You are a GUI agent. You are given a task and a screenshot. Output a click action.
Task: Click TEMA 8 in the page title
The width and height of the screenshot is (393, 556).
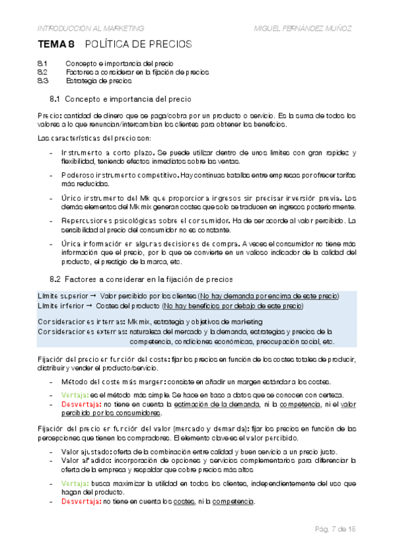(54, 45)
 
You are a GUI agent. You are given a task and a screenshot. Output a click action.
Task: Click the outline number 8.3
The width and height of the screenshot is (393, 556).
(43, 82)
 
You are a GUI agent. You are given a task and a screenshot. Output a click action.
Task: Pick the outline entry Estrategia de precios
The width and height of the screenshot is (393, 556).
(98, 82)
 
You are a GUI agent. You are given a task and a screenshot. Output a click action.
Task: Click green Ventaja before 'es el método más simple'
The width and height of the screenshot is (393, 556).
(76, 393)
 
